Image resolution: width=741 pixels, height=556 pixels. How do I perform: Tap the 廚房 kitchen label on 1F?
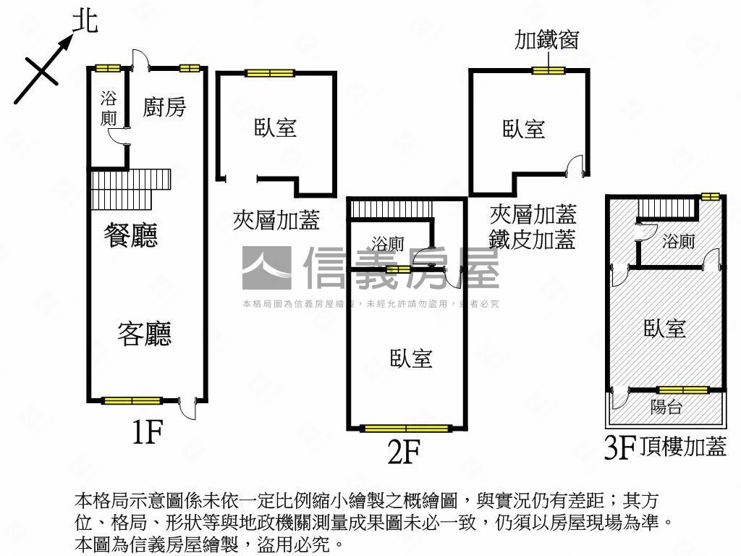pos(164,107)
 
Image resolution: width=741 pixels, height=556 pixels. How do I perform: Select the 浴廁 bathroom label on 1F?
pos(109,109)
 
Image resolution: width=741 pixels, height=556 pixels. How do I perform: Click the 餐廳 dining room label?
pos(131,236)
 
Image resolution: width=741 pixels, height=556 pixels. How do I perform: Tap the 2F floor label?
pos(404,452)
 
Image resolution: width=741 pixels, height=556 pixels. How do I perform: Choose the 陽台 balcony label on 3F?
pos(666,408)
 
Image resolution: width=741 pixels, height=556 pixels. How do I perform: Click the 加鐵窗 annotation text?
pos(546,41)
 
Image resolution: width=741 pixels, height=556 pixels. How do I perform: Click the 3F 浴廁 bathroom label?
pos(678,241)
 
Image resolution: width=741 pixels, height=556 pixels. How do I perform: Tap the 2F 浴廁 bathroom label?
pos(388,243)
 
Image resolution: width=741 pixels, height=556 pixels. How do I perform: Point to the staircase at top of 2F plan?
pos(391,208)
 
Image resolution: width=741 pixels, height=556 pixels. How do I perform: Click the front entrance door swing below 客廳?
pos(187,409)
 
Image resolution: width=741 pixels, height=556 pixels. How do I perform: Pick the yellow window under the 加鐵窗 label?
pos(548,70)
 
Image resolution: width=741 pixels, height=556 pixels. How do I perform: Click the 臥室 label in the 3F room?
pos(665,329)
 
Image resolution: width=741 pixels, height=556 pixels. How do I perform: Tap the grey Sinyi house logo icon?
pos(266,268)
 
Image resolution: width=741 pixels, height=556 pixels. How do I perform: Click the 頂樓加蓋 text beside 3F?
pos(683,447)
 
